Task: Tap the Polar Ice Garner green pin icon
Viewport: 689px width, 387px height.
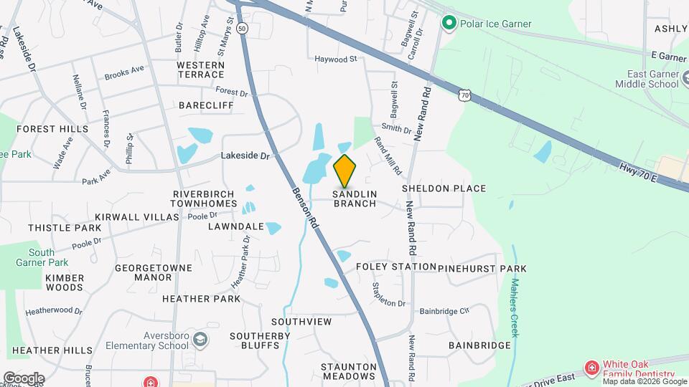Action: [449, 24]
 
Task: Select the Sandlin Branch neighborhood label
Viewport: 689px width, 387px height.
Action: [355, 198]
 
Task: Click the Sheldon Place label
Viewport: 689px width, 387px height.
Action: [444, 188]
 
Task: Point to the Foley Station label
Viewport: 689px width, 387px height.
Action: [396, 267]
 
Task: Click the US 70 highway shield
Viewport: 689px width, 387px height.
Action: [466, 95]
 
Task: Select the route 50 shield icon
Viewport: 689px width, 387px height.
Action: [243, 29]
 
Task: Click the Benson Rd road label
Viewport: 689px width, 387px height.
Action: [304, 208]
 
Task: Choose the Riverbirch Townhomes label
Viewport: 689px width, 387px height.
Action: [204, 199]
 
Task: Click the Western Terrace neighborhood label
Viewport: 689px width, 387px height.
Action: [200, 70]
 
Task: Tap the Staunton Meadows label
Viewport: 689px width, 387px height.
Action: [349, 371]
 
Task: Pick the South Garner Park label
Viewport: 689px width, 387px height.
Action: [42, 257]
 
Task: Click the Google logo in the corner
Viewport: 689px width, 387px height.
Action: [23, 378]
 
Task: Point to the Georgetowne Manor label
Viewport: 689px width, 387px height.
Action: [154, 272]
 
